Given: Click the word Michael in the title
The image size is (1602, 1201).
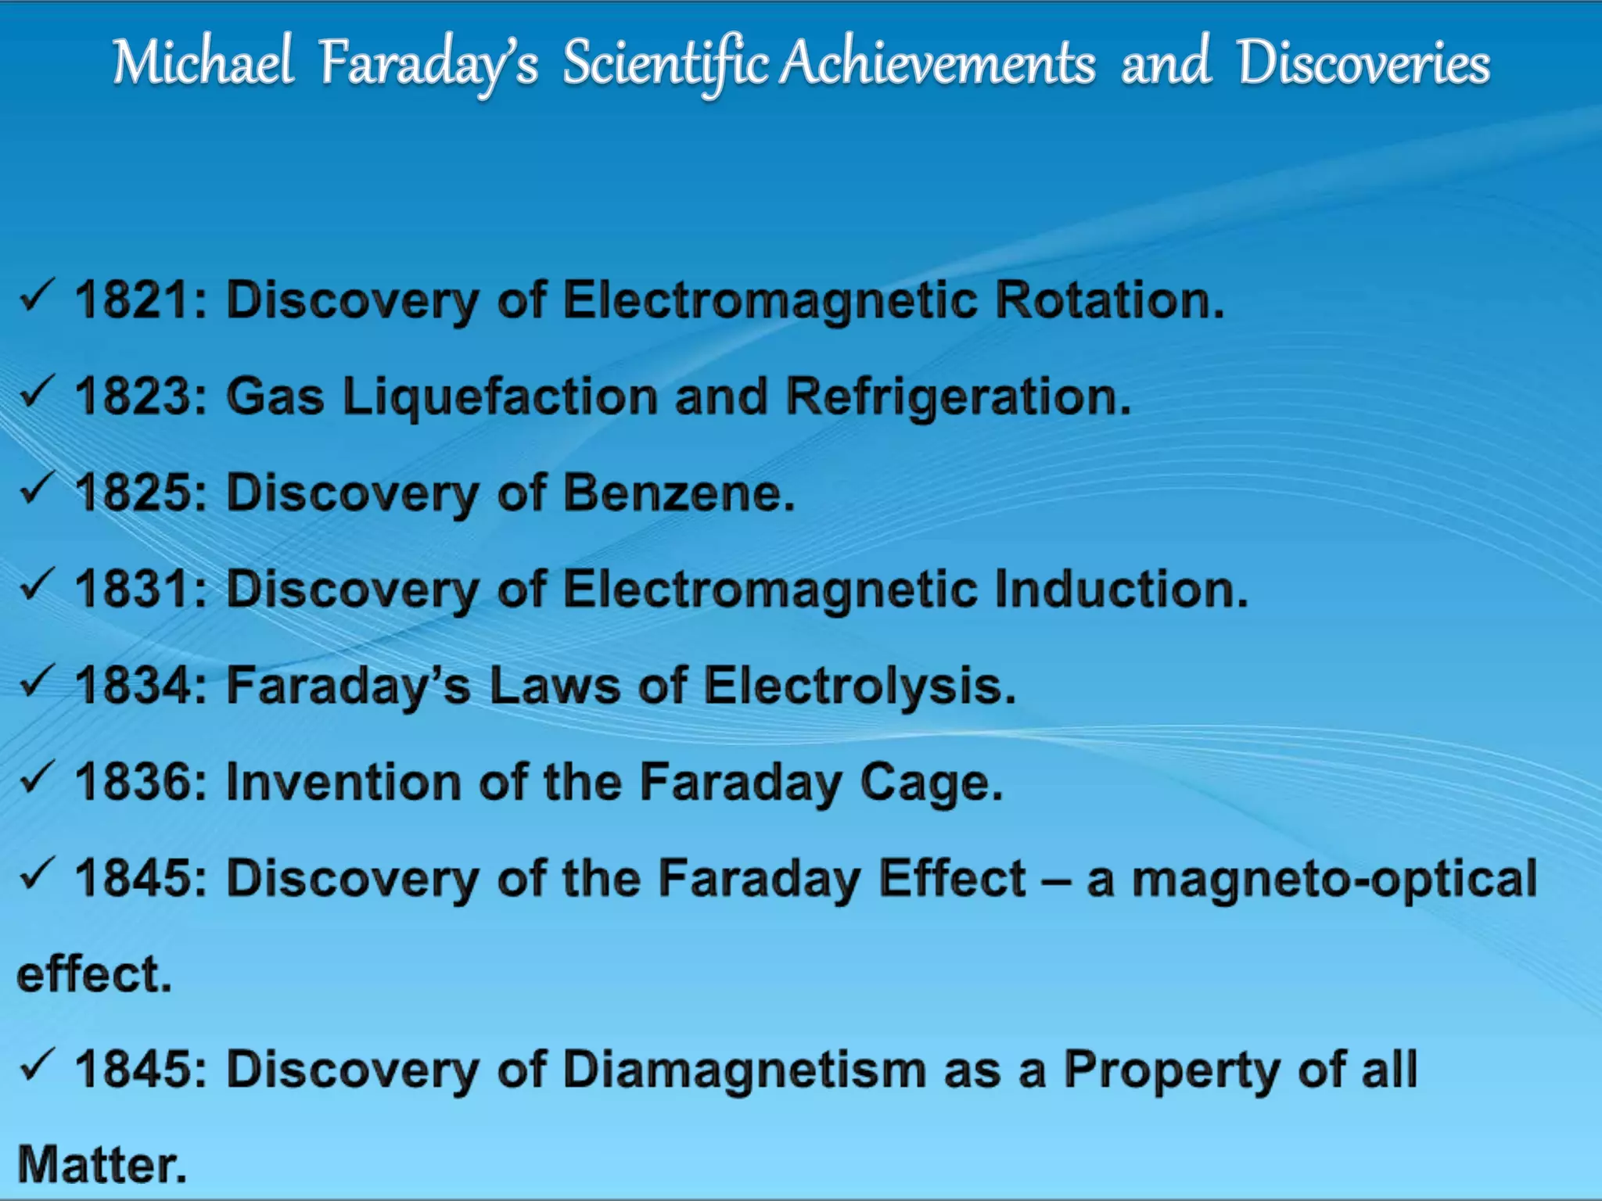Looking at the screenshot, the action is (203, 63).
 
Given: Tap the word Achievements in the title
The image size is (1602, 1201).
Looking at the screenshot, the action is (938, 63).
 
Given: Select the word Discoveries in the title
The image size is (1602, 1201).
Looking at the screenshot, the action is (1363, 63).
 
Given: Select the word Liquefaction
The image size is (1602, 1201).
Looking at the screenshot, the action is (501, 397).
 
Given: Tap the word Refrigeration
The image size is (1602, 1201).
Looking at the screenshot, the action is (958, 397).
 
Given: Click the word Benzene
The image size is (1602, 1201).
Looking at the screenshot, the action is (678, 493).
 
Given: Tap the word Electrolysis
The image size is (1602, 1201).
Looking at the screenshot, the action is (859, 686).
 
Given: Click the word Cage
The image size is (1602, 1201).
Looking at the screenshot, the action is (931, 783).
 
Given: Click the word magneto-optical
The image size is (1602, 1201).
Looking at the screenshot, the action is (1334, 879).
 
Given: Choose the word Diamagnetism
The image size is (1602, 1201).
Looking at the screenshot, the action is (744, 1070).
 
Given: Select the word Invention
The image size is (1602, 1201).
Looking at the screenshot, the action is (343, 783).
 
